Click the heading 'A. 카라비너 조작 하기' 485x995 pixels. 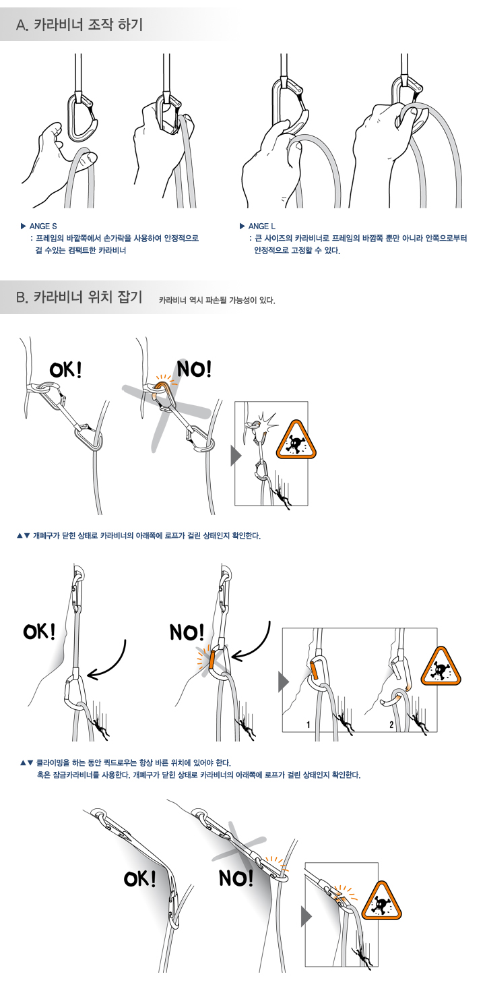pyautogui.click(x=79, y=24)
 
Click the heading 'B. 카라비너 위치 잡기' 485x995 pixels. pyautogui.click(x=79, y=297)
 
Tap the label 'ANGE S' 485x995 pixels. pyautogui.click(x=43, y=226)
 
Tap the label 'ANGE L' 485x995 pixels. pyautogui.click(x=262, y=226)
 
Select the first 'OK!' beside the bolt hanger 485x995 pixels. pyautogui.click(x=65, y=369)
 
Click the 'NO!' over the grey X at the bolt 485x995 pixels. pyautogui.click(x=195, y=369)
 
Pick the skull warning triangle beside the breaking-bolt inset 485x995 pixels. pyautogui.click(x=296, y=440)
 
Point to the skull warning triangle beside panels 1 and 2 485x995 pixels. pyautogui.click(x=441, y=667)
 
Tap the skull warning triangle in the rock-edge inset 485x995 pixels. pyautogui.click(x=381, y=901)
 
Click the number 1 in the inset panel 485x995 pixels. pyautogui.click(x=309, y=725)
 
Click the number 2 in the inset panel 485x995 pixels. pyautogui.click(x=391, y=725)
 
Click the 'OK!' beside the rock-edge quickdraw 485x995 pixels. pyautogui.click(x=139, y=878)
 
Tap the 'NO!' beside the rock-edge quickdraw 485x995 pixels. pyautogui.click(x=236, y=878)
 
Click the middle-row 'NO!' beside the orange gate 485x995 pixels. pyautogui.click(x=187, y=632)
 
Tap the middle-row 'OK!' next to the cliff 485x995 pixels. pyautogui.click(x=40, y=631)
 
